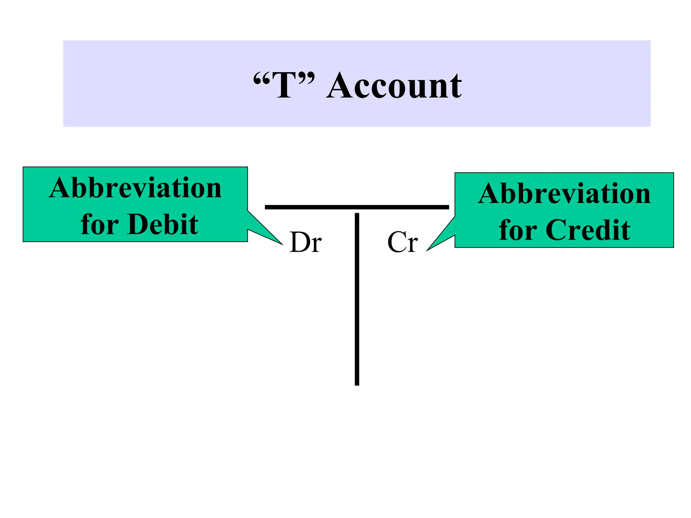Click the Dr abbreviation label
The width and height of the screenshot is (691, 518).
(x=306, y=242)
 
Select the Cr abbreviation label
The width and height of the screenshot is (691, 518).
(x=403, y=242)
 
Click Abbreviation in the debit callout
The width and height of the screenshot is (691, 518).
(x=135, y=188)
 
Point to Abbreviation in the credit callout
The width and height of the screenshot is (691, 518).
(x=564, y=194)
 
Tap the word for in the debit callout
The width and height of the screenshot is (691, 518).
(x=100, y=224)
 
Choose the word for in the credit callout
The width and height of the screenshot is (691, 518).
(x=518, y=230)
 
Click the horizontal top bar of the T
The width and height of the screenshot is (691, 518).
(x=357, y=207)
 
